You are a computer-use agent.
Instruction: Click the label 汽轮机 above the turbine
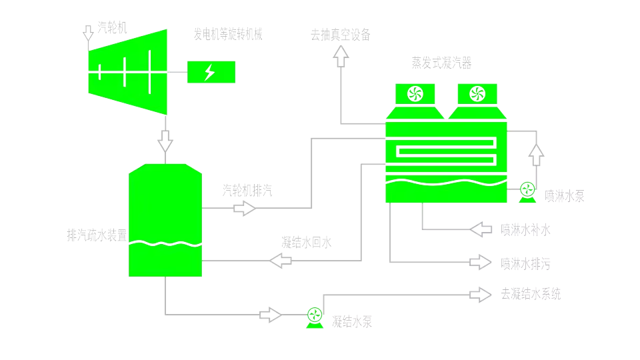point(112,28)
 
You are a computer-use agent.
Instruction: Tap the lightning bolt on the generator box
point(210,72)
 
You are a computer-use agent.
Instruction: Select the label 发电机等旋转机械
point(228,34)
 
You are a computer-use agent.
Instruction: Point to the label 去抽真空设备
point(341,35)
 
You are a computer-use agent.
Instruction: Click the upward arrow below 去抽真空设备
point(341,56)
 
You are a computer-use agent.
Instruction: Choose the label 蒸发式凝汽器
point(441,63)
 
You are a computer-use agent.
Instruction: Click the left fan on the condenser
point(415,94)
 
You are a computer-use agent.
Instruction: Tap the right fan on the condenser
point(477,94)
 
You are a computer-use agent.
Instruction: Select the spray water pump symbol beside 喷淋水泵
point(527,192)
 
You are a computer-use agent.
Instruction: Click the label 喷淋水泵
point(565,196)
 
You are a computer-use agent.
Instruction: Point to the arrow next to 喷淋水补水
point(481,229)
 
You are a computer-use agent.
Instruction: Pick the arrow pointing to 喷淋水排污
point(481,262)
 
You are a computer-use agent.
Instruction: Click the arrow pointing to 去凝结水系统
point(481,295)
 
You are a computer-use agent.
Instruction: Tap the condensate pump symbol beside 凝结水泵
point(315,317)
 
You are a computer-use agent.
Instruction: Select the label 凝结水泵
point(352,322)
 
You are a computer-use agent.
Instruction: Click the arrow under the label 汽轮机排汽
point(245,208)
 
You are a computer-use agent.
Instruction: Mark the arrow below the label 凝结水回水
point(281,261)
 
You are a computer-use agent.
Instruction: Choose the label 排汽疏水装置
point(97,235)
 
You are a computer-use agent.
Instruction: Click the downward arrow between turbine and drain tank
point(165,141)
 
